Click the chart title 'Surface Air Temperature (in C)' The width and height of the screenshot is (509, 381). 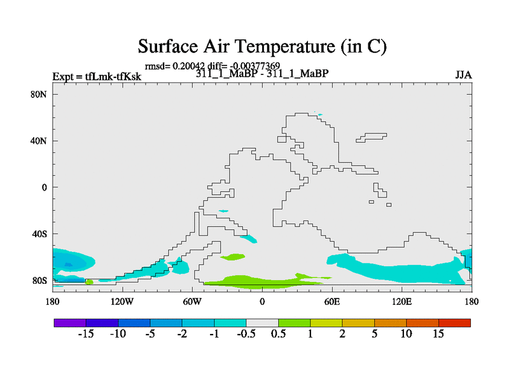point(262,46)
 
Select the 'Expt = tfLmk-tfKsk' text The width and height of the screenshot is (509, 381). point(97,77)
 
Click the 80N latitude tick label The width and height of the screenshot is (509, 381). point(39,94)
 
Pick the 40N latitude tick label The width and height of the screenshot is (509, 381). point(39,141)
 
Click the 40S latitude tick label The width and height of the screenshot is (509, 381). point(39,234)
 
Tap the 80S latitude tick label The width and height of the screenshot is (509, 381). point(39,281)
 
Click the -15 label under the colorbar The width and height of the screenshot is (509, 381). point(86,335)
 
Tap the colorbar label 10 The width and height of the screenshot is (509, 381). point(406,335)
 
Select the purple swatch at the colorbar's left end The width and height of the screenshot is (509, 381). point(70,323)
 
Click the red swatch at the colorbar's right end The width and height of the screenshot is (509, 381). point(454,323)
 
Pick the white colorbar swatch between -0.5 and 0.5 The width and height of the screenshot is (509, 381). point(262,323)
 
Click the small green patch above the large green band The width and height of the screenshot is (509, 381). point(232,257)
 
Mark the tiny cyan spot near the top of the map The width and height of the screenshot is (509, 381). point(319,114)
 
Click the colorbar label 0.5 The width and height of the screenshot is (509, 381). point(278,335)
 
